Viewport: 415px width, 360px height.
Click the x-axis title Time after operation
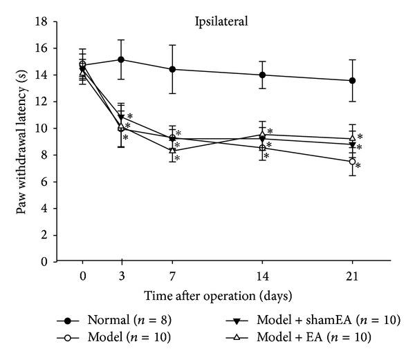coord(218,295)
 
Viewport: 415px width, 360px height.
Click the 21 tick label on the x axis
coord(352,275)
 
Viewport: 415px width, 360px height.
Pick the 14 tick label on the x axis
coord(262,275)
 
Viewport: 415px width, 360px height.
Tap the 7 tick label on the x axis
coord(172,275)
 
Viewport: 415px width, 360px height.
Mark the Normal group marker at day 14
coord(262,75)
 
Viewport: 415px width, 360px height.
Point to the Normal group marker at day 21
coord(352,81)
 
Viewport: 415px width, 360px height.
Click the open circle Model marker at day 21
coord(352,162)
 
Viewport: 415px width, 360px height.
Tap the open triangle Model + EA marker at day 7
coord(172,150)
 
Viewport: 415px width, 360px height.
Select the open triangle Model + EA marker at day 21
coord(352,138)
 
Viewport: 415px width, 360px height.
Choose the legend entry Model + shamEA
coord(304,321)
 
